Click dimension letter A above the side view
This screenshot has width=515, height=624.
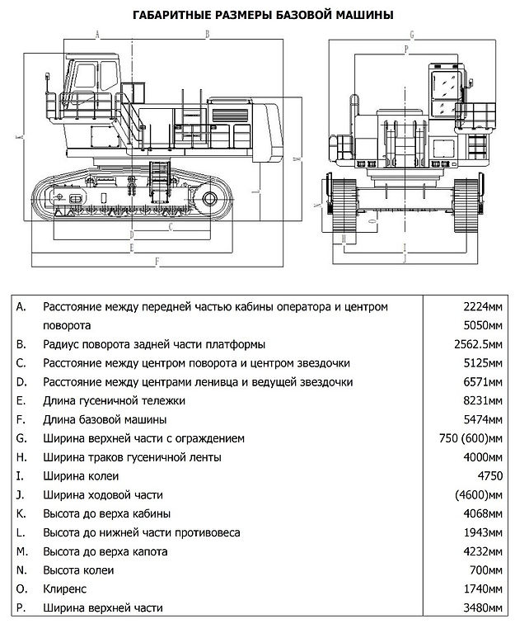[x=97, y=35]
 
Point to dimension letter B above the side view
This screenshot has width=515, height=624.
[x=208, y=35]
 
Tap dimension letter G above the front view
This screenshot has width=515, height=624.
[x=410, y=35]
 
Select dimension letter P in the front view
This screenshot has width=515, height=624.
[x=406, y=50]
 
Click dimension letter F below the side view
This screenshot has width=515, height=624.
[x=157, y=261]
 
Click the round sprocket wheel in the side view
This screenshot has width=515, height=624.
[x=209, y=199]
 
